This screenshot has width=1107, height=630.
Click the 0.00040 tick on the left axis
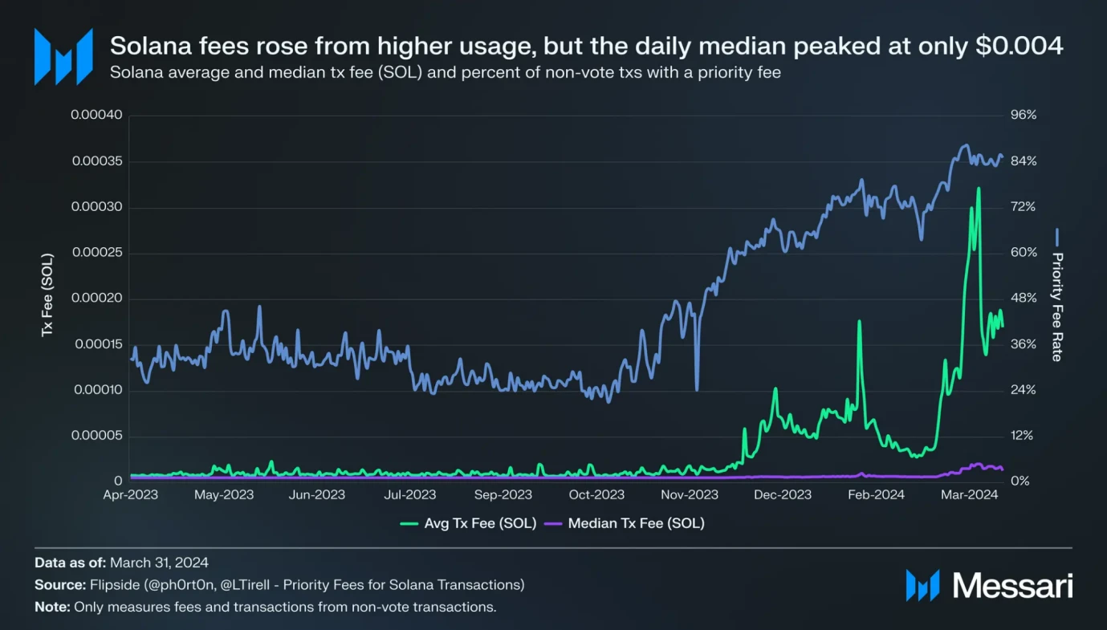tap(96, 115)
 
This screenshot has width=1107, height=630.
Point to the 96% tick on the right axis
tap(1024, 115)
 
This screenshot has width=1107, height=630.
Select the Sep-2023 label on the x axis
tap(503, 494)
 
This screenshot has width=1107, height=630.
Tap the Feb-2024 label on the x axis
tap(876, 494)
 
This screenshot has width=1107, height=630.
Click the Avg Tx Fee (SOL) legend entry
tap(468, 523)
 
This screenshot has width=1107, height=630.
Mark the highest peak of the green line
tap(979, 189)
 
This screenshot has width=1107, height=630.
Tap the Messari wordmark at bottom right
tap(1012, 586)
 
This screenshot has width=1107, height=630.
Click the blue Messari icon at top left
tap(63, 56)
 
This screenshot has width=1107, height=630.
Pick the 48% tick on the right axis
tap(1024, 299)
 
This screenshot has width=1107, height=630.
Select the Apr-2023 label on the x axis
tap(131, 494)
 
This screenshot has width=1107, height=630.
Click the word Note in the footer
tap(51, 607)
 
